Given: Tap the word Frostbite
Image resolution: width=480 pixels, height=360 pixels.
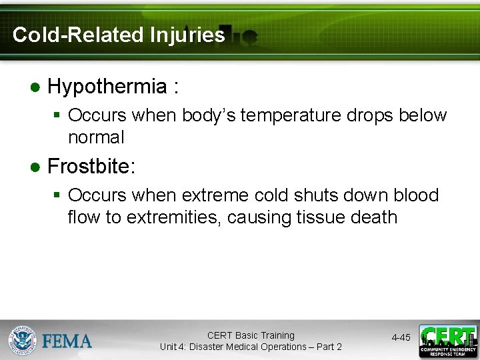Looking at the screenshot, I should click(x=91, y=166).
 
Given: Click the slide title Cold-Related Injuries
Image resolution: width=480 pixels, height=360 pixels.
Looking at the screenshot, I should click(x=119, y=35).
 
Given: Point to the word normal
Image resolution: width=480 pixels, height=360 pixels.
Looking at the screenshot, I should click(x=96, y=137).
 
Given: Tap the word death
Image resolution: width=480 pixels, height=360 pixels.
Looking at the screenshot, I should click(x=375, y=217).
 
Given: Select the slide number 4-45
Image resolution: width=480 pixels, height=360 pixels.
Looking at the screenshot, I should click(x=401, y=338).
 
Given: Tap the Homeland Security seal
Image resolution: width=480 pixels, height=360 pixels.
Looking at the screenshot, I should click(x=23, y=340).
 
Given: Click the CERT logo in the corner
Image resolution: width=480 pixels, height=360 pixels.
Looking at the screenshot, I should click(x=447, y=341).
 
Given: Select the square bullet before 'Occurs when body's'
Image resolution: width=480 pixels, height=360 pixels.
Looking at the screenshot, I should click(x=57, y=116).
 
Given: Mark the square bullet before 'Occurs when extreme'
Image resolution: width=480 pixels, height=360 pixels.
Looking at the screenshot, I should click(x=57, y=196).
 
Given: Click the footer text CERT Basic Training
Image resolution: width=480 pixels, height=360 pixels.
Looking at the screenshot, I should click(x=250, y=335).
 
